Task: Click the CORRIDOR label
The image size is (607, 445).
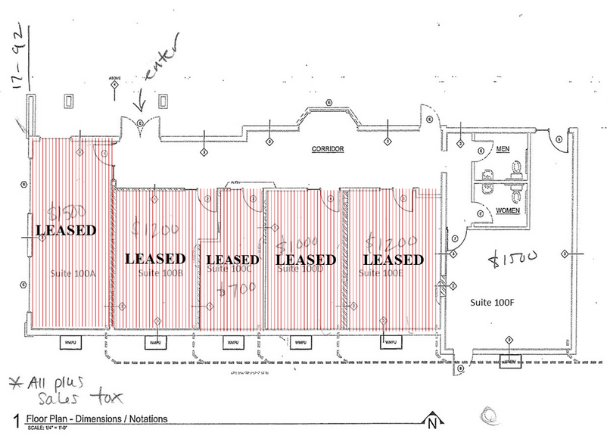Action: coord(328,150)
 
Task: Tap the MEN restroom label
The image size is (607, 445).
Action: coord(501,151)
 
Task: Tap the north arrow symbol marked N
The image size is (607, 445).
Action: coord(431,422)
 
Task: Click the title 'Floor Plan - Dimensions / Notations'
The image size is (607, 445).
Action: coord(96,419)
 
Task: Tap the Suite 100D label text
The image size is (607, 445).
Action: coord(303,271)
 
